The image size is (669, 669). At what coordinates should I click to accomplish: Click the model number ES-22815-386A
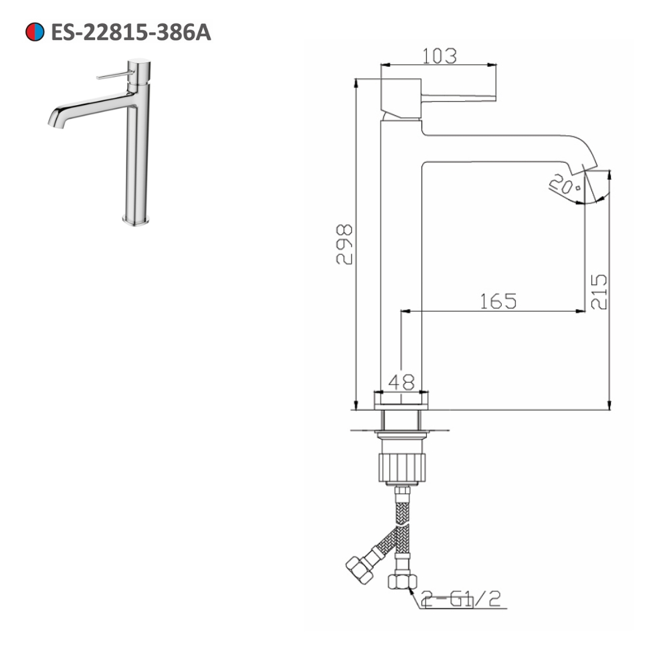pyautogui.click(x=131, y=32)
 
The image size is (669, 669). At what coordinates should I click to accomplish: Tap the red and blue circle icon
pyautogui.click(x=35, y=32)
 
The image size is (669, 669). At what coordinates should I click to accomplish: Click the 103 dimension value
pyautogui.click(x=439, y=56)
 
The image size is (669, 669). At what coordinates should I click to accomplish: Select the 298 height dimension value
pyautogui.click(x=345, y=244)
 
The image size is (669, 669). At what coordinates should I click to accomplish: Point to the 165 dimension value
pyautogui.click(x=498, y=301)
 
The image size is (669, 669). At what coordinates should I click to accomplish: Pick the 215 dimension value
pyautogui.click(x=599, y=291)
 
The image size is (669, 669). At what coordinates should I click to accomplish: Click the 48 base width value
pyautogui.click(x=401, y=382)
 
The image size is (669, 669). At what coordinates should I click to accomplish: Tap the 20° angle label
pyautogui.click(x=563, y=183)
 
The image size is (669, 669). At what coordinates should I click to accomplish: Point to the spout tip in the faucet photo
pyautogui.click(x=54, y=121)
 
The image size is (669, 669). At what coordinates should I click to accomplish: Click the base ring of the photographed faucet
pyautogui.click(x=136, y=220)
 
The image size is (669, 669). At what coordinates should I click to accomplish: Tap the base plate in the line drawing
pyautogui.click(x=400, y=400)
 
